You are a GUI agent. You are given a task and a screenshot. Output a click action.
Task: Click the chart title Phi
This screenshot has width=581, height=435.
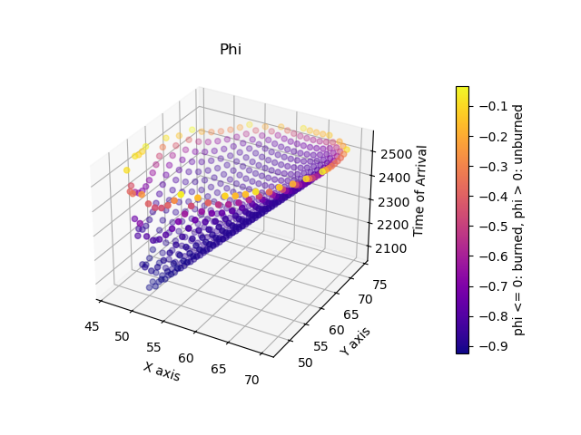tap(231, 50)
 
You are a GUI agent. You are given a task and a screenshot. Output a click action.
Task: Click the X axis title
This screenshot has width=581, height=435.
tap(162, 371)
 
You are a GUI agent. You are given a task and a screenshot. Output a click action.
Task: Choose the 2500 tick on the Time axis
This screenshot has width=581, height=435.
tap(393, 154)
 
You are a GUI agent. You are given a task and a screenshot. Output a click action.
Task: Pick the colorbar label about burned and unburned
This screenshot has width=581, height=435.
tap(519, 219)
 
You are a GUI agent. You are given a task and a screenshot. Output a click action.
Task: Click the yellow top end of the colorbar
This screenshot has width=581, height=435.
tap(462, 90)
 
